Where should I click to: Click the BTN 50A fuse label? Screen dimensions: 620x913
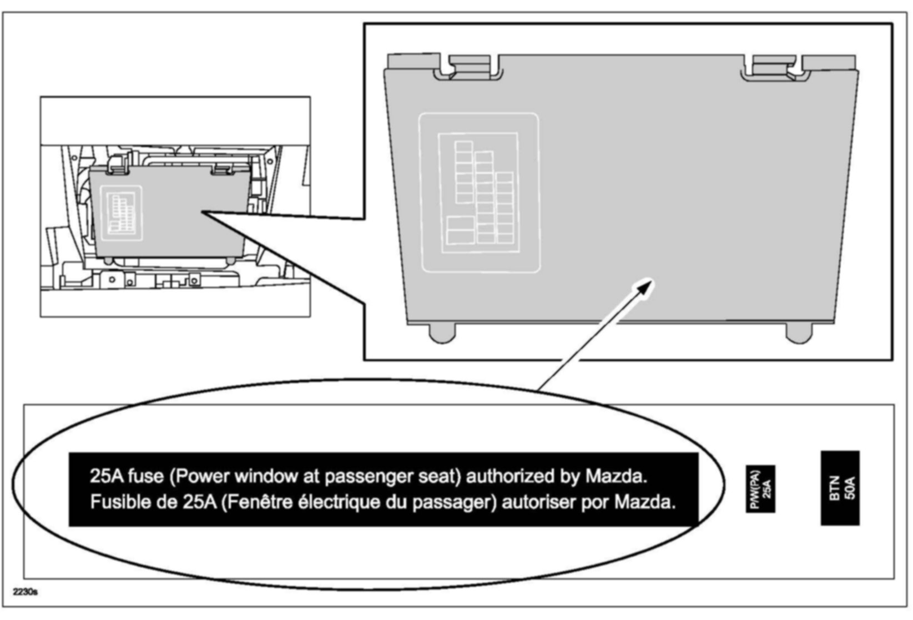coord(840,488)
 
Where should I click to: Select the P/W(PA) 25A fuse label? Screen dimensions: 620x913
coord(760,488)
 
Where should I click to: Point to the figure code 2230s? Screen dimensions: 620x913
coord(25,592)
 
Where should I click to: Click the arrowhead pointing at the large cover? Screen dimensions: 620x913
coord(646,286)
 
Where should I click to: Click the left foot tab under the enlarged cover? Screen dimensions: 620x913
coord(442,332)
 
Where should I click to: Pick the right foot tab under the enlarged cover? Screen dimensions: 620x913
coord(799,332)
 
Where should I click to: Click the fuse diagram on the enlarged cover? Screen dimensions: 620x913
coord(478,193)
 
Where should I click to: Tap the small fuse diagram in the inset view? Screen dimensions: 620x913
coord(121,213)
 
